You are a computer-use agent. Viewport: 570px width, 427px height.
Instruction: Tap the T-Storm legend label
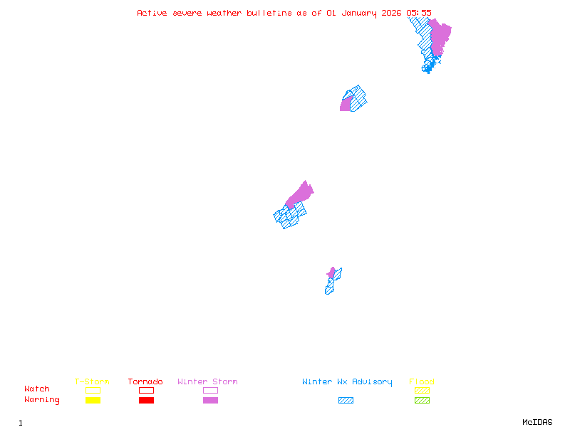pos(92,382)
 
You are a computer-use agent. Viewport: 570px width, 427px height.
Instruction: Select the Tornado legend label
pos(145,382)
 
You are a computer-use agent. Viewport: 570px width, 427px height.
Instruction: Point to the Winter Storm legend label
pos(207,382)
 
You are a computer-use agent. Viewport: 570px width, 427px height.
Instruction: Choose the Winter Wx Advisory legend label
pos(347,382)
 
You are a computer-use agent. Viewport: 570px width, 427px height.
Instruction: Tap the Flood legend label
pos(422,382)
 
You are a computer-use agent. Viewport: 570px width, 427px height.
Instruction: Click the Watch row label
pos(37,389)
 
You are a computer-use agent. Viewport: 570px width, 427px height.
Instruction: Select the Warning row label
pos(42,400)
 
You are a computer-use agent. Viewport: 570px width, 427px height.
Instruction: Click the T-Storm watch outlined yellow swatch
pos(93,390)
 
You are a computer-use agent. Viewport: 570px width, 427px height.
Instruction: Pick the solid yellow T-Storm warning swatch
pos(93,400)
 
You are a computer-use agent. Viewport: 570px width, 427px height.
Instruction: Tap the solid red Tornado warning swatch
pos(146,400)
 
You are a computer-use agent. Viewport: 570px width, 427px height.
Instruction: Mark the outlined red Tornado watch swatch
pos(146,390)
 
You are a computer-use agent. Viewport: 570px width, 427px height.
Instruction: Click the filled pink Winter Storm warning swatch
pos(210,400)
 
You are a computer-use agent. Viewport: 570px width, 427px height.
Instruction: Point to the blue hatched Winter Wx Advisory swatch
pos(346,400)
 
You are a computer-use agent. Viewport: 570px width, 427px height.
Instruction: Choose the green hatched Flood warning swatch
pos(422,400)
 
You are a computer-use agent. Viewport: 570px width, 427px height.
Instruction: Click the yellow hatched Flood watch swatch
pos(422,390)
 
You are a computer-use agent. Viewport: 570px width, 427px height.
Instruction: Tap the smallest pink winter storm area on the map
pos(331,273)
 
